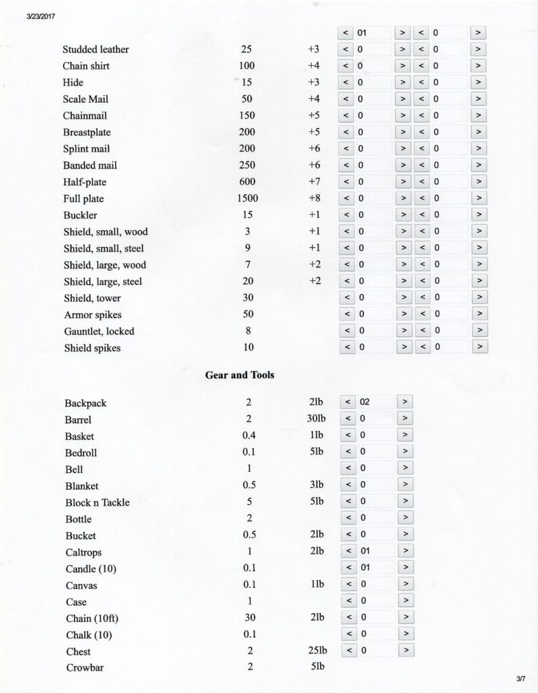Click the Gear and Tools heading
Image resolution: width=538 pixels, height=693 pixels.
[239, 375]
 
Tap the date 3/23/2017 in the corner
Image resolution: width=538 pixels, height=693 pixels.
[40, 16]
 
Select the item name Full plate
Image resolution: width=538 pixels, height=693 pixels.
[83, 199]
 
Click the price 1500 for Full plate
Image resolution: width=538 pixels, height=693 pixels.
[247, 199]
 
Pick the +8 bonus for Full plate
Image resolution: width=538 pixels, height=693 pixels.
[313, 198]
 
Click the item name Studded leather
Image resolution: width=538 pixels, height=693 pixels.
[96, 49]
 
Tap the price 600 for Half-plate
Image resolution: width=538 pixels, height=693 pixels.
[247, 182]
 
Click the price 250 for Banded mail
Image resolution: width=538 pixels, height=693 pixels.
[247, 165]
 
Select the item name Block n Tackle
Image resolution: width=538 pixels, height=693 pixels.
[97, 503]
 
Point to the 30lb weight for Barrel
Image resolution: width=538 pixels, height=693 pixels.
[316, 420]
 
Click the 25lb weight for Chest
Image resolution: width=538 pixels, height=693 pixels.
[316, 651]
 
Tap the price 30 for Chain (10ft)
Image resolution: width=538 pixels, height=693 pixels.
[249, 618]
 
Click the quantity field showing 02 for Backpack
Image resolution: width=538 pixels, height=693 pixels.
[375, 403]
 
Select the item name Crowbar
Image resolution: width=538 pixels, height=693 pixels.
[84, 668]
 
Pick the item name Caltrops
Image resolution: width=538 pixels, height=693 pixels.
[84, 552]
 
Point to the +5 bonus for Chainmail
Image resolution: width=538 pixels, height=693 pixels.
[313, 116]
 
